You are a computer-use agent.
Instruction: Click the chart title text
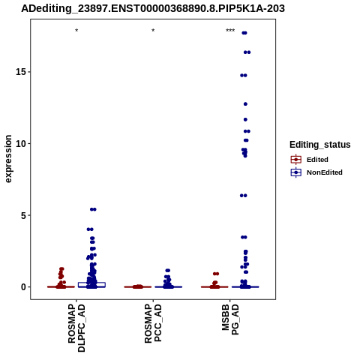[x=153, y=9]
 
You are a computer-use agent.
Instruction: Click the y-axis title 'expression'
[x=8, y=159]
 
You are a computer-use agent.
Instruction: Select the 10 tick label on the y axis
[x=21, y=144]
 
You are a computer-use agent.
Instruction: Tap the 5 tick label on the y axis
[x=23, y=215]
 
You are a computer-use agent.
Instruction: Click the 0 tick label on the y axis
[x=23, y=287]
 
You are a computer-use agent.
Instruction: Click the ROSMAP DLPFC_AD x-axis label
[x=76, y=328]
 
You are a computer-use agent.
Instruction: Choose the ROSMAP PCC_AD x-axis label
[x=153, y=323]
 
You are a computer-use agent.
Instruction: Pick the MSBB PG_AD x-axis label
[x=230, y=319]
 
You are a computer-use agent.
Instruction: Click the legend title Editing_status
[x=320, y=145]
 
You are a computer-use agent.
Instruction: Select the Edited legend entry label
[x=317, y=160]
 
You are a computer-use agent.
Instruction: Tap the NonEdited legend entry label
[x=325, y=172]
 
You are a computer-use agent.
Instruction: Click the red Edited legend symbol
[x=296, y=160]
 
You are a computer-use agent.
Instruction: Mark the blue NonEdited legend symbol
[x=296, y=172]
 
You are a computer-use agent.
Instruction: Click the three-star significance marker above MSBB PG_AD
[x=230, y=31]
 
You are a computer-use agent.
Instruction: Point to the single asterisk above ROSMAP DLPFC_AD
[x=76, y=31]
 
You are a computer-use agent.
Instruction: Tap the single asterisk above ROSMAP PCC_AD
[x=153, y=31]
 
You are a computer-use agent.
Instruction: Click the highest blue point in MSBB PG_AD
[x=244, y=33]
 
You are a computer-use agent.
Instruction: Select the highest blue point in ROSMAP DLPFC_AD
[x=93, y=209]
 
